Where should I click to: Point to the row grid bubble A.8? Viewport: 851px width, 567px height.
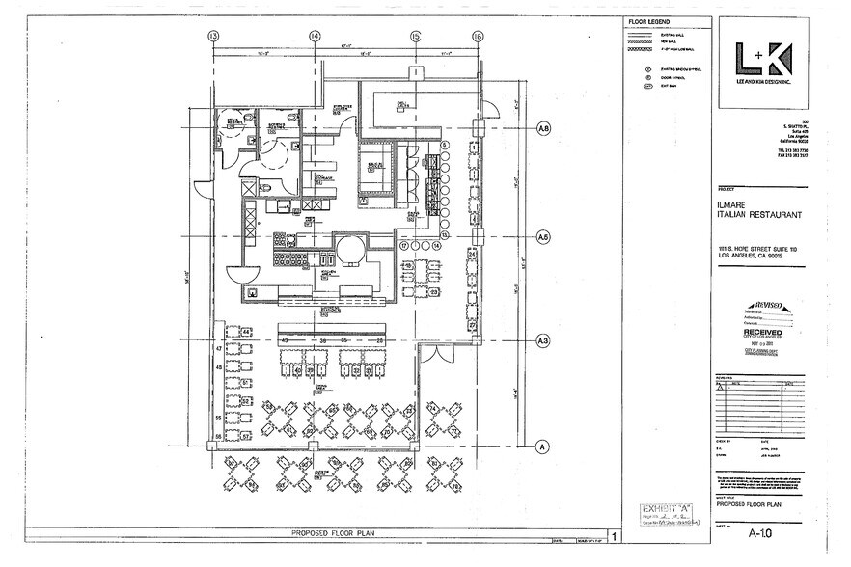pyautogui.click(x=543, y=128)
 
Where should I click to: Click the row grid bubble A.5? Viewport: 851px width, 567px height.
pyautogui.click(x=543, y=235)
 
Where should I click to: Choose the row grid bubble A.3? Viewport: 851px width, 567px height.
pyautogui.click(x=543, y=340)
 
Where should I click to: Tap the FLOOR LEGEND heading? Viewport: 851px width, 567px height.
pyautogui.click(x=646, y=20)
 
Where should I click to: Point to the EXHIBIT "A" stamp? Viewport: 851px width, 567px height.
pyautogui.click(x=663, y=508)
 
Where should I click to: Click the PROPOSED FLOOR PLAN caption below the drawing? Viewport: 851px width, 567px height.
pyautogui.click(x=332, y=532)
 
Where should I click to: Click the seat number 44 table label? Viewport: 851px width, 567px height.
pyautogui.click(x=245, y=331)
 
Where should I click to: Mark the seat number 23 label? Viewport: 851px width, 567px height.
pyautogui.click(x=434, y=292)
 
